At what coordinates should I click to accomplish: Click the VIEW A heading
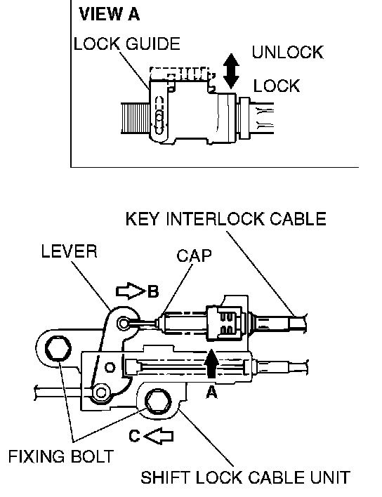tap(110, 15)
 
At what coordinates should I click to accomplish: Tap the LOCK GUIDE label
tap(127, 44)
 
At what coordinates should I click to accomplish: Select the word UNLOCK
tap(287, 53)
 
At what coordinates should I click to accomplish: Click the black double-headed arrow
tap(231, 71)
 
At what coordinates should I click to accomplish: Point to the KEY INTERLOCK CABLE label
tap(225, 219)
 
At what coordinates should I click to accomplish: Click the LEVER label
tap(69, 252)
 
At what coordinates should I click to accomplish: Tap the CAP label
tap(194, 256)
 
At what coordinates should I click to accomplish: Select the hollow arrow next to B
tap(131, 291)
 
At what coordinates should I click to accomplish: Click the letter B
tap(153, 291)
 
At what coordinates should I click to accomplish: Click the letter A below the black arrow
tap(211, 392)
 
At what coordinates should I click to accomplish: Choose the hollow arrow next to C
tap(159, 436)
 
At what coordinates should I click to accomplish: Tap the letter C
tap(134, 436)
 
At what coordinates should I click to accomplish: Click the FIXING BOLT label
tap(61, 457)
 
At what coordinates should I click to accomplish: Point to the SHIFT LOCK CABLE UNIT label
tap(245, 477)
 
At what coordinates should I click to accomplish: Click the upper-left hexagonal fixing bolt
tap(58, 349)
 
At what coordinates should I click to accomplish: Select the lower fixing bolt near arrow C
tap(158, 402)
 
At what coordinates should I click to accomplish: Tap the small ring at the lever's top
tap(124, 324)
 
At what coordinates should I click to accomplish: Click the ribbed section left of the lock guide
tap(136, 118)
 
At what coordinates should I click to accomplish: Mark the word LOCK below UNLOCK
tap(277, 86)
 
